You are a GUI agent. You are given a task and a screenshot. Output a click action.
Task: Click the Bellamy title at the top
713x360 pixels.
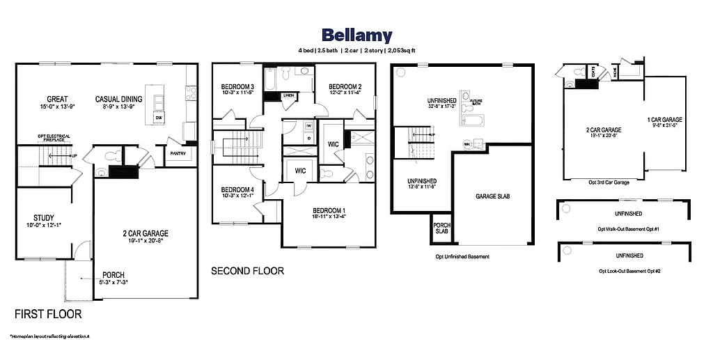point(356,35)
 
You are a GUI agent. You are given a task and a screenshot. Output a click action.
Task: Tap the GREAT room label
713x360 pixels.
point(57,99)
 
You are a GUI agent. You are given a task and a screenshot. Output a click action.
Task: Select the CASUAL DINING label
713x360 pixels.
point(118,99)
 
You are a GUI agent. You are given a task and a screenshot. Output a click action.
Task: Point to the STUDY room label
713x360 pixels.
point(44,218)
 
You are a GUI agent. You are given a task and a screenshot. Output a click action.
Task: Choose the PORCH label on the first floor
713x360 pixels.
point(113,275)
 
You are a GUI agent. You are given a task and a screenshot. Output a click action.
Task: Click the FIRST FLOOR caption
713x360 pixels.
point(48,314)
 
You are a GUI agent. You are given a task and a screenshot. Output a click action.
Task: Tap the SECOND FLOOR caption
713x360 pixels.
point(247,271)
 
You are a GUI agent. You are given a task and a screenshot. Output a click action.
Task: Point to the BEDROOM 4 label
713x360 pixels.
point(237,189)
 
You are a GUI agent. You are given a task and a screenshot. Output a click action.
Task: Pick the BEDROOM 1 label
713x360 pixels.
point(329,210)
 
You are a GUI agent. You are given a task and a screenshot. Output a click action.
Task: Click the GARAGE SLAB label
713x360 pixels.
point(492,197)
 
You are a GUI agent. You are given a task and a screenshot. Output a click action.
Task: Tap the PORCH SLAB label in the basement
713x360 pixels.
point(441,228)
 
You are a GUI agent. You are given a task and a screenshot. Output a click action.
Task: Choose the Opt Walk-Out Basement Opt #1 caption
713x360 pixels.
point(628,228)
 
